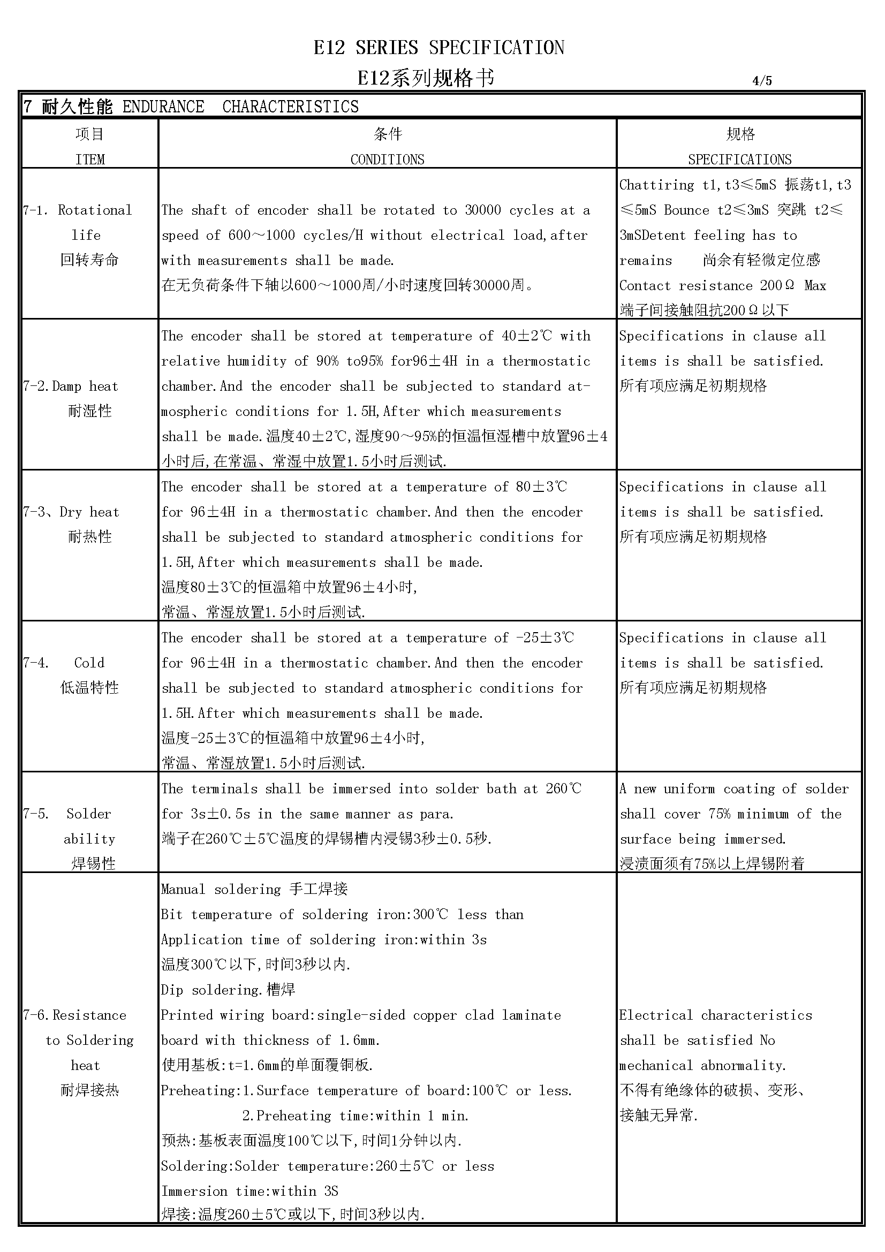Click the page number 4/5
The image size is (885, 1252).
(762, 81)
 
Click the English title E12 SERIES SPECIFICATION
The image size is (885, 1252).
(439, 48)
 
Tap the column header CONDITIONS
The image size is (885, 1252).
(387, 160)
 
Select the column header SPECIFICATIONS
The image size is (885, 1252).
(739, 160)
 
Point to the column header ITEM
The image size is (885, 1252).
(90, 160)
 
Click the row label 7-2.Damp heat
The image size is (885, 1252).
(71, 386)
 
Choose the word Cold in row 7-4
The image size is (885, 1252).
(89, 663)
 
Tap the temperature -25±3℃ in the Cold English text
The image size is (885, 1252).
(537, 638)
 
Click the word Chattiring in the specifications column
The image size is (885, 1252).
(656, 185)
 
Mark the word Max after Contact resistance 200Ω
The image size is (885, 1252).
(815, 286)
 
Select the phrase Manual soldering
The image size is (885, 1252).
(221, 890)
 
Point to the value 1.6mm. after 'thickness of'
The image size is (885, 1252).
(359, 1041)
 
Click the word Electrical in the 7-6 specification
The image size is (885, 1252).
(656, 1015)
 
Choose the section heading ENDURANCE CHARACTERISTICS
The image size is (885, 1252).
(240, 107)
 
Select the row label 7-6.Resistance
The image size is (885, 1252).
(75, 1015)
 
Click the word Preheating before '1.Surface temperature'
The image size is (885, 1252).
(198, 1090)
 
